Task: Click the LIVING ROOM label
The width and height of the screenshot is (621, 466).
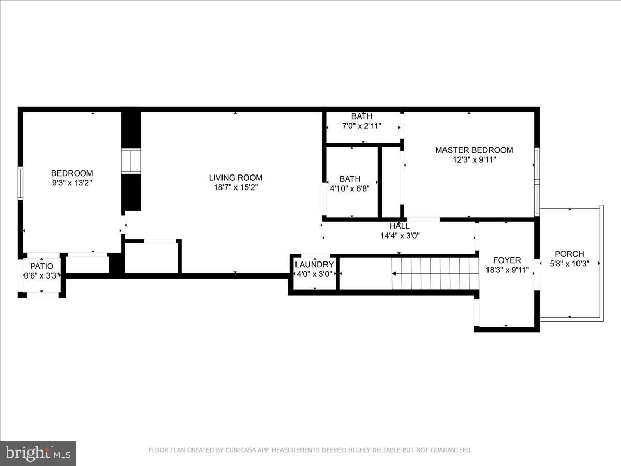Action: [235, 178]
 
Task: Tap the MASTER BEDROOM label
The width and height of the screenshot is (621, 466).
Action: [474, 150]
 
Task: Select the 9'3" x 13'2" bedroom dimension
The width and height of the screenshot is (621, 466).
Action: [72, 183]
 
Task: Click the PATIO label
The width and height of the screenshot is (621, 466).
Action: [41, 266]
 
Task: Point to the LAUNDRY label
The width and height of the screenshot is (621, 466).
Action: [314, 265]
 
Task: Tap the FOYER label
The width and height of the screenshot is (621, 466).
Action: [507, 260]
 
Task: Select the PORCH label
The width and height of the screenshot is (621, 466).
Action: [569, 254]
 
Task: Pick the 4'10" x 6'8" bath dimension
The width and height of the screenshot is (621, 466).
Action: [350, 188]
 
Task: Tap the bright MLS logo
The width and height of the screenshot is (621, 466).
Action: [38, 453]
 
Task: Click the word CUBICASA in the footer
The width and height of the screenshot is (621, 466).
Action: [242, 450]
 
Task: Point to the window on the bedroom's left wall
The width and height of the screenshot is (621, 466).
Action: [20, 183]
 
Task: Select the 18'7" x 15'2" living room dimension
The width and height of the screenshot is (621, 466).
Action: [235, 187]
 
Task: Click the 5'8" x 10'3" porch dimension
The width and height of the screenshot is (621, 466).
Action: [569, 263]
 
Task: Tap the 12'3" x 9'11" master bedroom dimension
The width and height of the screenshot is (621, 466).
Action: [474, 160]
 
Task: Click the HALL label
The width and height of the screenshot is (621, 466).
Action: [400, 226]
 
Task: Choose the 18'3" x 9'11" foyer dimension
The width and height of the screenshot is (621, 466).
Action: [507, 270]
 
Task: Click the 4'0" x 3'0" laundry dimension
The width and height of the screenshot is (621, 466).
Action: [314, 274]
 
